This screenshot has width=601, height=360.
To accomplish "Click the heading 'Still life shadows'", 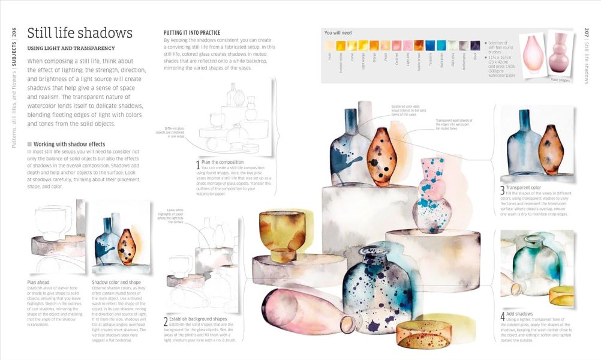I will pos(80,33).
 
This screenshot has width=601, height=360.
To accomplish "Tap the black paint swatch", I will pos(475,46).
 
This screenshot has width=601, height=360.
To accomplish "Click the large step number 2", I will pos(166,322).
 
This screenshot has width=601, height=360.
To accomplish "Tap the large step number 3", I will pos(503,191).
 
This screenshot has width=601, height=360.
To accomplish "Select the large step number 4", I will pos(503,316).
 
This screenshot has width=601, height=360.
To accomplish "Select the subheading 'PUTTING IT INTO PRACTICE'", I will pos(192,32).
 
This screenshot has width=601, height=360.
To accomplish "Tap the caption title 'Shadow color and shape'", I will pos(116,282).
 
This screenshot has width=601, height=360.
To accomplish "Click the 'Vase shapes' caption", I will pos(560,79).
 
